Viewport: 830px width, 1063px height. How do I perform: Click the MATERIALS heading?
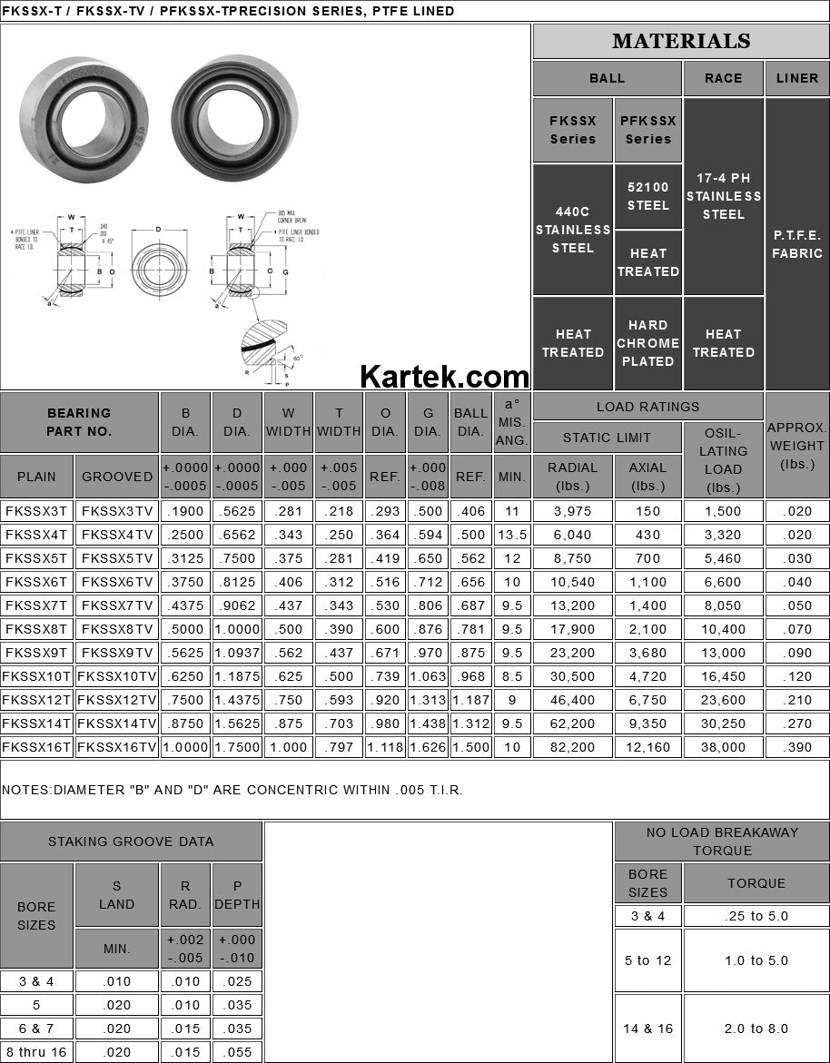(x=681, y=42)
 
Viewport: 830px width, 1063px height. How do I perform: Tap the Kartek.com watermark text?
(x=445, y=376)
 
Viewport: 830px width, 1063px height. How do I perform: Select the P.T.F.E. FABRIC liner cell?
(x=796, y=244)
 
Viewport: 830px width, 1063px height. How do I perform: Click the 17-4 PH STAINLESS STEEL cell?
(x=723, y=196)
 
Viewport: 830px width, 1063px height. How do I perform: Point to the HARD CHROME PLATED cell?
(x=647, y=343)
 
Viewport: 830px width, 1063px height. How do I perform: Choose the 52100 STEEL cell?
(x=647, y=196)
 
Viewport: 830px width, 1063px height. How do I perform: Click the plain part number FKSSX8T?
(x=36, y=629)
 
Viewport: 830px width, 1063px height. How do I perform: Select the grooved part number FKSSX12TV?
(x=117, y=700)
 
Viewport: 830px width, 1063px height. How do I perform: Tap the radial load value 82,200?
(x=573, y=747)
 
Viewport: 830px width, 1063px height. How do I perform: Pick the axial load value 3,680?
(x=647, y=653)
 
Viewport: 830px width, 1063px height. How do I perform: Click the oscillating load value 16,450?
(x=723, y=676)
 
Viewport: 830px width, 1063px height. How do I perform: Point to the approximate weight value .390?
(x=796, y=747)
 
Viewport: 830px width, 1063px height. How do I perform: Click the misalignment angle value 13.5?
(x=512, y=535)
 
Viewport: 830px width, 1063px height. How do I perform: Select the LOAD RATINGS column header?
(x=647, y=407)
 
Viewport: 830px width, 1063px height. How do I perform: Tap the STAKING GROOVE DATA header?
(x=131, y=842)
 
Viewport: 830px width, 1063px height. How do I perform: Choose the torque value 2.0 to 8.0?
(x=756, y=1029)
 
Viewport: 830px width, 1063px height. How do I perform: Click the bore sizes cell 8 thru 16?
(x=36, y=1052)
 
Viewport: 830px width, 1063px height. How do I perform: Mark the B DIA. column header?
(x=185, y=422)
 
